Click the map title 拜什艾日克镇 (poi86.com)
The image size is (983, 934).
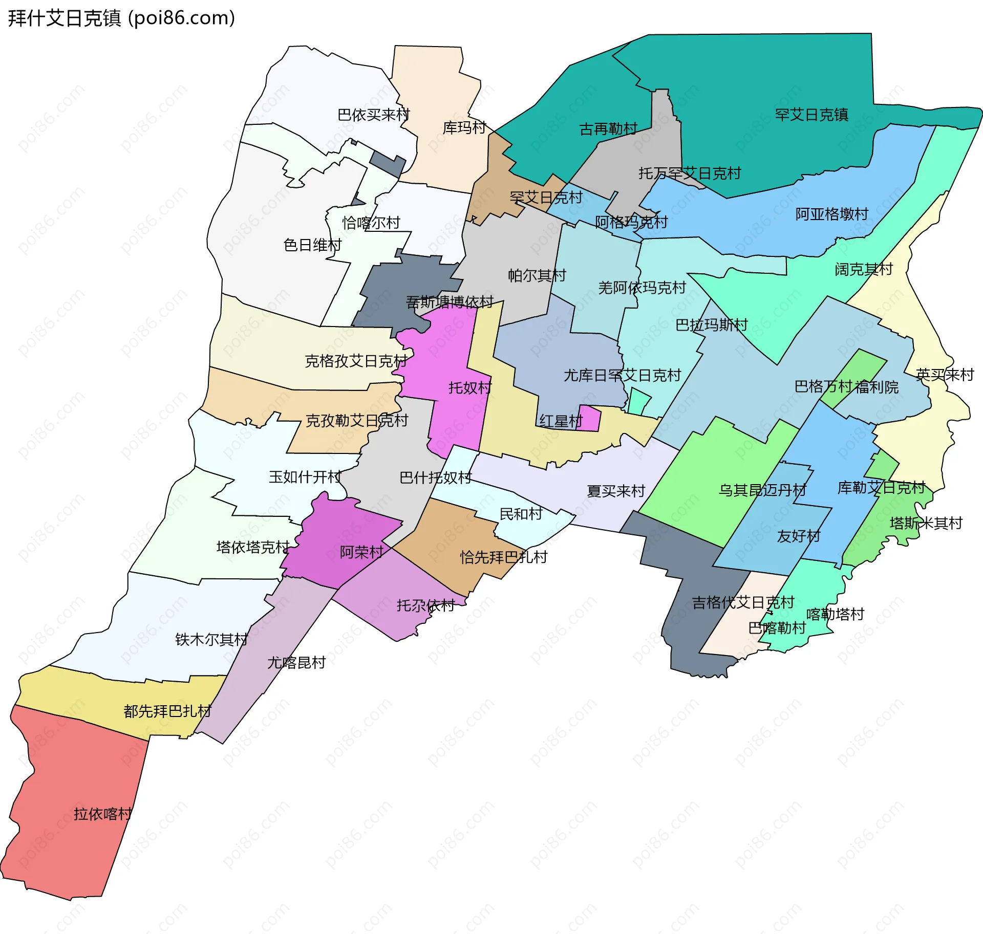121,18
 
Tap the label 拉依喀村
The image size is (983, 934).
102,813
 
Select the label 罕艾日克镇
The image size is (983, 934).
811,115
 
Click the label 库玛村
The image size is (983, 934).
464,127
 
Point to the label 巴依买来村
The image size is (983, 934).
374,115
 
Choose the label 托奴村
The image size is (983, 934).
469,387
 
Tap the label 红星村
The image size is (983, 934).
561,421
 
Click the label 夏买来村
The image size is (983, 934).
615,491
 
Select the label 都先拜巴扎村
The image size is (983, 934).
167,711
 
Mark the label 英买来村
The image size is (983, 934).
945,375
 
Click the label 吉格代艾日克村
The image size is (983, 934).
743,602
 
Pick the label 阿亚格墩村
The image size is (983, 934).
831,214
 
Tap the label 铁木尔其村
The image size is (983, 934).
211,639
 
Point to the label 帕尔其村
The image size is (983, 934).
537,275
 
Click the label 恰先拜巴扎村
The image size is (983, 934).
504,557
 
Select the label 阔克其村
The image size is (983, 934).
864,269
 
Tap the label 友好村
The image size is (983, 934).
798,536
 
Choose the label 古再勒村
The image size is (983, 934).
608,129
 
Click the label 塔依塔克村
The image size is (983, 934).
253,547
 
